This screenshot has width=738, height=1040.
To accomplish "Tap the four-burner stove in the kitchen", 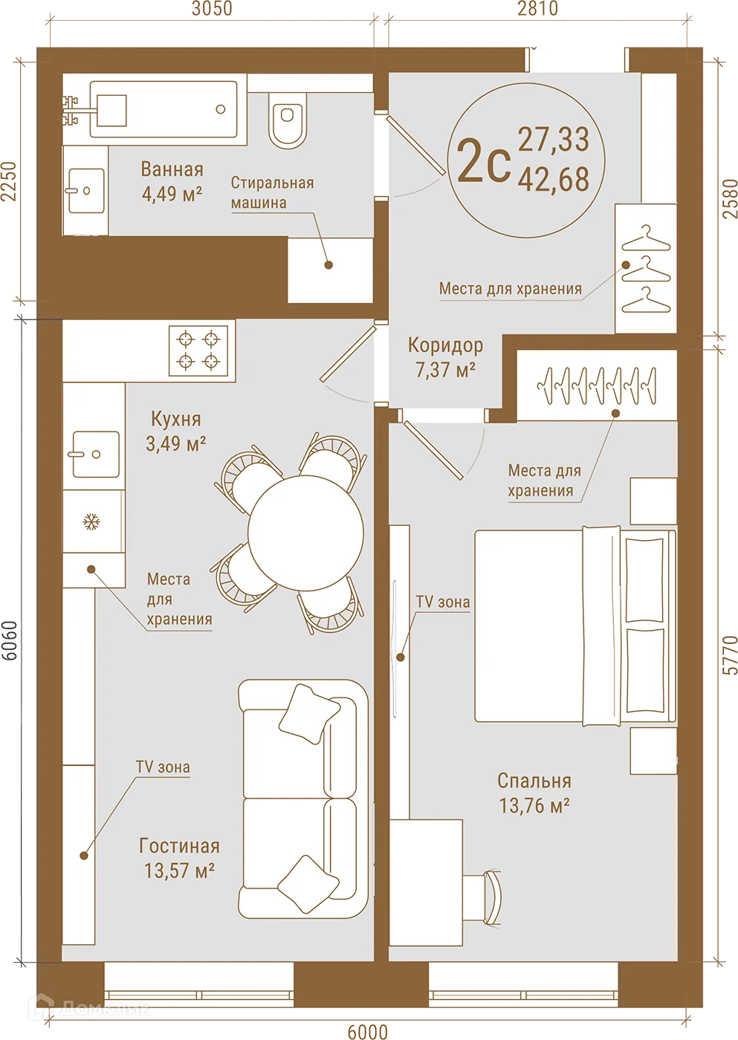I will click(198, 350).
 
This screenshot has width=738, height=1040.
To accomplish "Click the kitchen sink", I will click(95, 454).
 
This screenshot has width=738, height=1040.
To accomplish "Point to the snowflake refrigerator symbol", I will click(91, 521).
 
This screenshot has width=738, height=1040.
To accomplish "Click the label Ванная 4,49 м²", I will click(172, 181).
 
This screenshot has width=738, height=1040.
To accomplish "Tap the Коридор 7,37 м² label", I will click(445, 357).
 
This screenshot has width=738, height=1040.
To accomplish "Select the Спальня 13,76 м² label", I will click(534, 793).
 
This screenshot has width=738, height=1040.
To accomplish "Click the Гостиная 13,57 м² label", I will click(179, 857).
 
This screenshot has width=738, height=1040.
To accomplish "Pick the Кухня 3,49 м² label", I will click(176, 431).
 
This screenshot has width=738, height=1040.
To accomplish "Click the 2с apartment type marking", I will click(483, 161).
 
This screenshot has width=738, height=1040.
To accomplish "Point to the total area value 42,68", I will click(554, 180).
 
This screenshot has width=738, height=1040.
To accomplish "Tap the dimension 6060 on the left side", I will click(10, 642).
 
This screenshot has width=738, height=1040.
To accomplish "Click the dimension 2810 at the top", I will click(537, 9).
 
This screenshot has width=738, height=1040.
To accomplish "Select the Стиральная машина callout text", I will click(271, 192).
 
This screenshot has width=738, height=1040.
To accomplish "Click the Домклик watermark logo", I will click(89, 1008).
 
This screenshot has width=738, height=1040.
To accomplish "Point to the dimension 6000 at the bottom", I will click(367, 1031).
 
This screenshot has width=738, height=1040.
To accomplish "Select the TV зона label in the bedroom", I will click(442, 602).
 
